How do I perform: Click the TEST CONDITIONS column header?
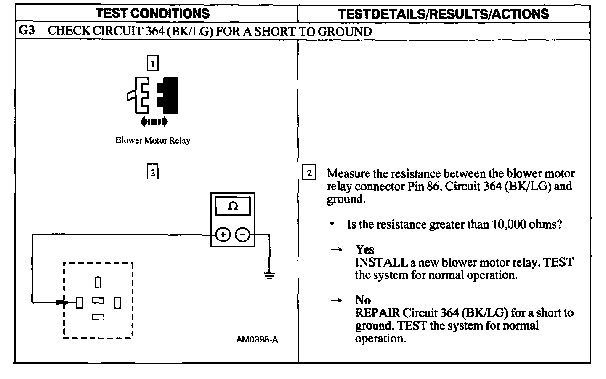(x=152, y=13)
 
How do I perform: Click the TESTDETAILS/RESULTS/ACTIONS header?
(x=444, y=14)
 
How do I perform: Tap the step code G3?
(x=27, y=31)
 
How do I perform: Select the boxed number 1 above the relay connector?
(x=152, y=63)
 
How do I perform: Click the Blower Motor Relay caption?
(x=153, y=141)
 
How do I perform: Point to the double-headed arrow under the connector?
(x=154, y=122)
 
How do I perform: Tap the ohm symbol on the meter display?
(x=232, y=206)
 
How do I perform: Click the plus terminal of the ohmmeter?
(x=223, y=235)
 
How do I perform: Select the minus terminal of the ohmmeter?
(x=242, y=235)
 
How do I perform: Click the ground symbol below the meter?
(x=269, y=276)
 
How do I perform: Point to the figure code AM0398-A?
(x=257, y=340)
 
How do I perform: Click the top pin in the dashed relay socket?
(x=98, y=282)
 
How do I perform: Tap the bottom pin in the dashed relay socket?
(x=98, y=318)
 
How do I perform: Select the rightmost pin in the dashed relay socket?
(x=118, y=302)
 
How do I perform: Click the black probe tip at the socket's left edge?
(x=62, y=302)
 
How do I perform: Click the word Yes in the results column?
(x=364, y=249)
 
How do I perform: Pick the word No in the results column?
(x=363, y=300)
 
